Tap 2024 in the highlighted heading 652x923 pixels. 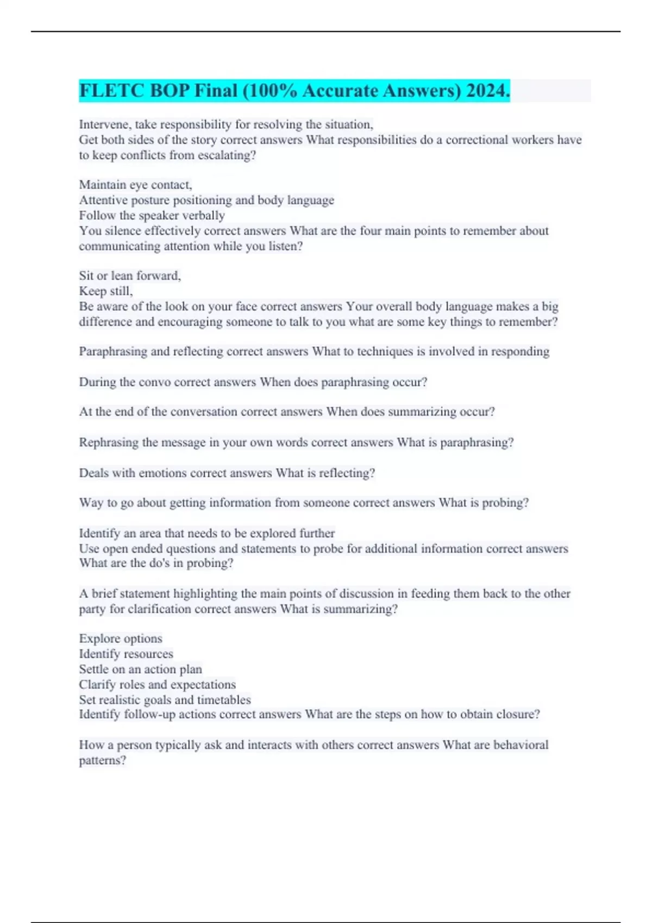[x=487, y=91]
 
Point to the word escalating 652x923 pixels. [x=224, y=155]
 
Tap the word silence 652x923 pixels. [x=123, y=231]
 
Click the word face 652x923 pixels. [x=221, y=306]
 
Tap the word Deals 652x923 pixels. [x=93, y=473]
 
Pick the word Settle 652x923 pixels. [x=93, y=669]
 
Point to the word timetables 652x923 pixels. [x=224, y=700]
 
